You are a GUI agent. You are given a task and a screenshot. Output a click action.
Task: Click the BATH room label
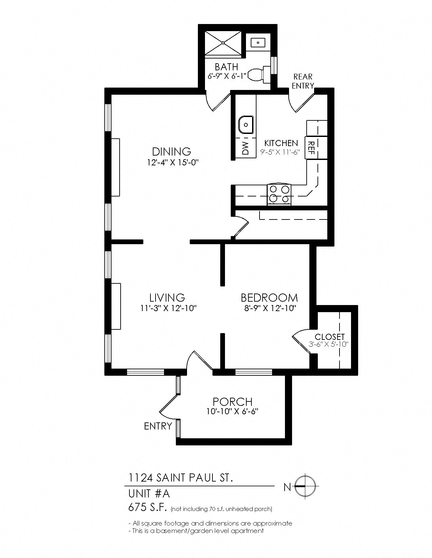[x=226, y=67]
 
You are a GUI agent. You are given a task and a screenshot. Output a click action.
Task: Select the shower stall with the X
[x=224, y=43]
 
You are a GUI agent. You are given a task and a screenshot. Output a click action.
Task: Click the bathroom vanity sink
[x=258, y=43]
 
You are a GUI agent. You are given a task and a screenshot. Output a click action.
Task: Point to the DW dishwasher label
[x=245, y=148]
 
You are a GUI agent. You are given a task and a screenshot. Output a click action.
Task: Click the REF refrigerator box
[x=311, y=147]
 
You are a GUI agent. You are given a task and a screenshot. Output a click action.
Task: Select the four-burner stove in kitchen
[x=279, y=194]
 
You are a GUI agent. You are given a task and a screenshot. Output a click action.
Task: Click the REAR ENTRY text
[x=303, y=81]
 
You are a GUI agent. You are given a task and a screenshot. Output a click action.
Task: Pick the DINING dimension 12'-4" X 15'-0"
[x=172, y=162]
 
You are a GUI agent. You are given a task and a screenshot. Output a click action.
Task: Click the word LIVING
[x=167, y=298]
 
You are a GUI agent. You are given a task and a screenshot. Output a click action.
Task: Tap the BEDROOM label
[x=269, y=298]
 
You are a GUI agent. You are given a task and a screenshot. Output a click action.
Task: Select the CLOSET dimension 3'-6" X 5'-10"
[x=329, y=345]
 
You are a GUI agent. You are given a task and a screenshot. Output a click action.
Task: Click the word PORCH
[x=232, y=402]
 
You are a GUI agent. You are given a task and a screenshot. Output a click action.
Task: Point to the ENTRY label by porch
[x=158, y=426]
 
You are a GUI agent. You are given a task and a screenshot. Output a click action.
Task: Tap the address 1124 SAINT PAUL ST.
[x=181, y=478]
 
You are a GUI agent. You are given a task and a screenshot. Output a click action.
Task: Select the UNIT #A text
[x=149, y=494]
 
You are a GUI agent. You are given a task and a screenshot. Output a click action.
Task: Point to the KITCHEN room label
[x=281, y=143]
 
